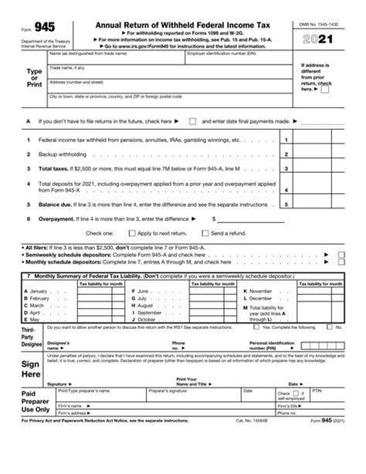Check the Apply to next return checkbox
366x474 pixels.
point(132,232)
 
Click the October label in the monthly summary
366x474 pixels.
point(148,318)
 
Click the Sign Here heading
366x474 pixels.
point(31,368)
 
